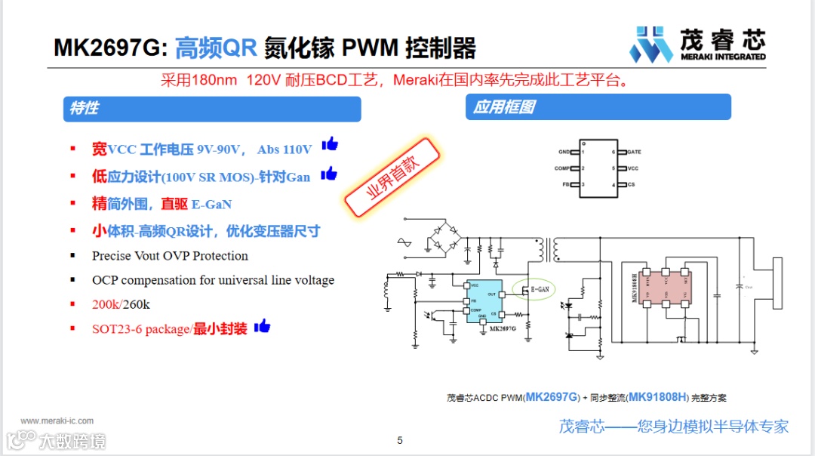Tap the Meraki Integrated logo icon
(650, 45)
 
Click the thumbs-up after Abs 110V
(330, 144)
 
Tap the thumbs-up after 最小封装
(262, 326)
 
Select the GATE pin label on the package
(634, 152)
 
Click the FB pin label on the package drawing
(565, 185)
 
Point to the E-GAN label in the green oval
(540, 288)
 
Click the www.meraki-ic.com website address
(57, 421)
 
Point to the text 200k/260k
(121, 304)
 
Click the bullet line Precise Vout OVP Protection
(170, 256)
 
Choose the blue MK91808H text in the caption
(658, 397)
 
